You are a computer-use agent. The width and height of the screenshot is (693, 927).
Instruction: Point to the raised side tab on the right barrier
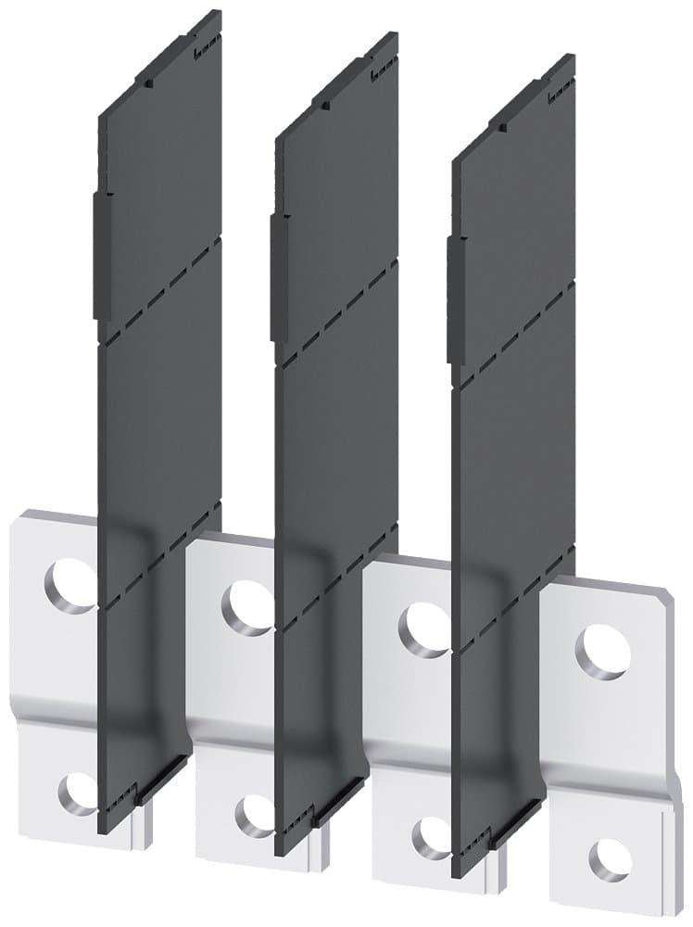point(454,298)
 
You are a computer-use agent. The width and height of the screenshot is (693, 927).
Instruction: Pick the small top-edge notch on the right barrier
point(502,123)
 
